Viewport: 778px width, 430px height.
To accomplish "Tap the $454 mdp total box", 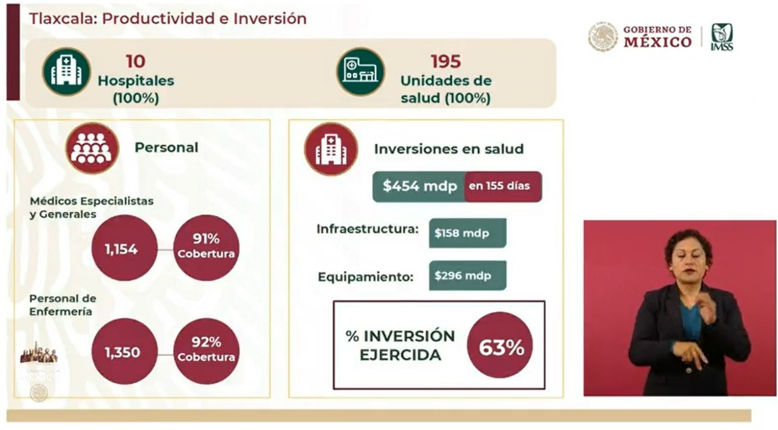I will click(x=419, y=187).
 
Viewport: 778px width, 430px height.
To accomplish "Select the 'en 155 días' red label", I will click(x=503, y=187).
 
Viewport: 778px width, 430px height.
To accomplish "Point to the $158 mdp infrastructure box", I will click(x=467, y=233).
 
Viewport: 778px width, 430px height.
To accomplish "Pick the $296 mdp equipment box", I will click(x=467, y=276).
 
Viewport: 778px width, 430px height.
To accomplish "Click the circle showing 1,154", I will click(x=125, y=248).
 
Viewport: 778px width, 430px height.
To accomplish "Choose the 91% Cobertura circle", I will click(x=206, y=248).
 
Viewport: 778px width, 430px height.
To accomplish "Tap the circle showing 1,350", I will click(x=125, y=352).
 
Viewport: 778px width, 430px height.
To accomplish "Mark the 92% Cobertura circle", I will click(x=206, y=351).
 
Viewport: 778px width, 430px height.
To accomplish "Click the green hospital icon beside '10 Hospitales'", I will click(x=66, y=72).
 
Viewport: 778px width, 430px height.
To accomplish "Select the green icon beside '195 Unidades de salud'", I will click(x=360, y=72).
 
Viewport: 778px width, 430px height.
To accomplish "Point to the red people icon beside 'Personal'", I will click(x=92, y=148).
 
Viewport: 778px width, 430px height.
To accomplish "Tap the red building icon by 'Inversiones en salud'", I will click(x=331, y=149).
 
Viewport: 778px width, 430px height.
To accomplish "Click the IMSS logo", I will click(x=721, y=37).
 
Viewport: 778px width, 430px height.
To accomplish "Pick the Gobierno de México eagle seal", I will click(x=602, y=37).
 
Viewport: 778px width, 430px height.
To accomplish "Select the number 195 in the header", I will click(x=446, y=61).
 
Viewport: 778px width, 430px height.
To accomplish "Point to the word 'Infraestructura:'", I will click(x=367, y=230).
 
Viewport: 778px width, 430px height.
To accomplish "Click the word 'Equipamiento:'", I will click(x=365, y=277).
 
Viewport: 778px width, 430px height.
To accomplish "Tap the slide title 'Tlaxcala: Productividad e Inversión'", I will click(x=168, y=18).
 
